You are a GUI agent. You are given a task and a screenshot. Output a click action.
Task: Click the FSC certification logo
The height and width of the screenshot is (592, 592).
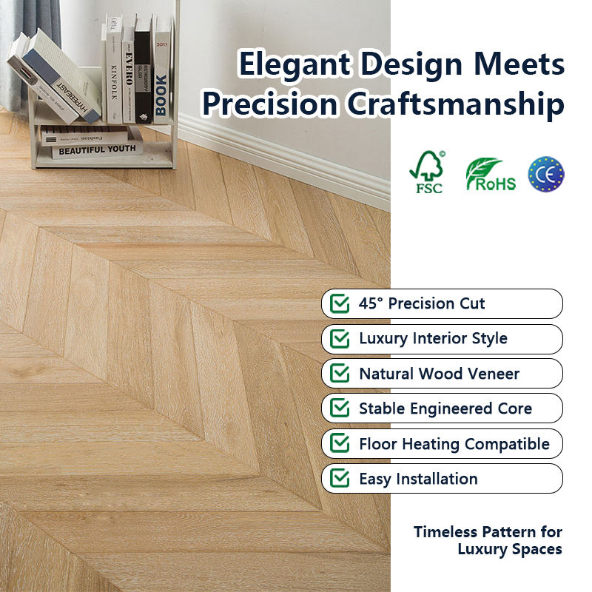tap(427, 172)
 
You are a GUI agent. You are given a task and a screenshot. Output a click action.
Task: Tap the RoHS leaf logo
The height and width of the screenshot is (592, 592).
tap(491, 174)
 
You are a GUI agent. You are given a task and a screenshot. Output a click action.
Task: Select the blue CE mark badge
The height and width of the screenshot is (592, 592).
tap(546, 174)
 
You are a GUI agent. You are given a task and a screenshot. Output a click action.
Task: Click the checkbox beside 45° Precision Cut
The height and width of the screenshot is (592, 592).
tap(340, 303)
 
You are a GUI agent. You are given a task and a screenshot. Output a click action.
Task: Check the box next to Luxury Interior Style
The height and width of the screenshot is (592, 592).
tap(340, 338)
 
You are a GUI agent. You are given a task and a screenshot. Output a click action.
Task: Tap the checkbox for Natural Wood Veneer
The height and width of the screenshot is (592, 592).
tap(340, 374)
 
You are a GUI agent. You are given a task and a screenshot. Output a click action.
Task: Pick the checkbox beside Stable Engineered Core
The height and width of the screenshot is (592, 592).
tap(340, 408)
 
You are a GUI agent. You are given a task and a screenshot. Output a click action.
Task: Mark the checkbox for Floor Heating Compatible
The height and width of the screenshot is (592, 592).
tap(340, 443)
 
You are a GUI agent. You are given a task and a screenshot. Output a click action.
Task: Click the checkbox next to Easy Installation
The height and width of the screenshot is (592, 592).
tap(340, 478)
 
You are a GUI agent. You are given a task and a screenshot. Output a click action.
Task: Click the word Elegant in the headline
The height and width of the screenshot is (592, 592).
tap(295, 65)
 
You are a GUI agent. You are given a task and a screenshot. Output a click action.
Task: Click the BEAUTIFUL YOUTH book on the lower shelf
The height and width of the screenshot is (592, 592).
tap(97, 150)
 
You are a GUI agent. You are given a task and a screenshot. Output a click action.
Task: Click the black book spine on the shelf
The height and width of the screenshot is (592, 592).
tap(144, 70)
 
